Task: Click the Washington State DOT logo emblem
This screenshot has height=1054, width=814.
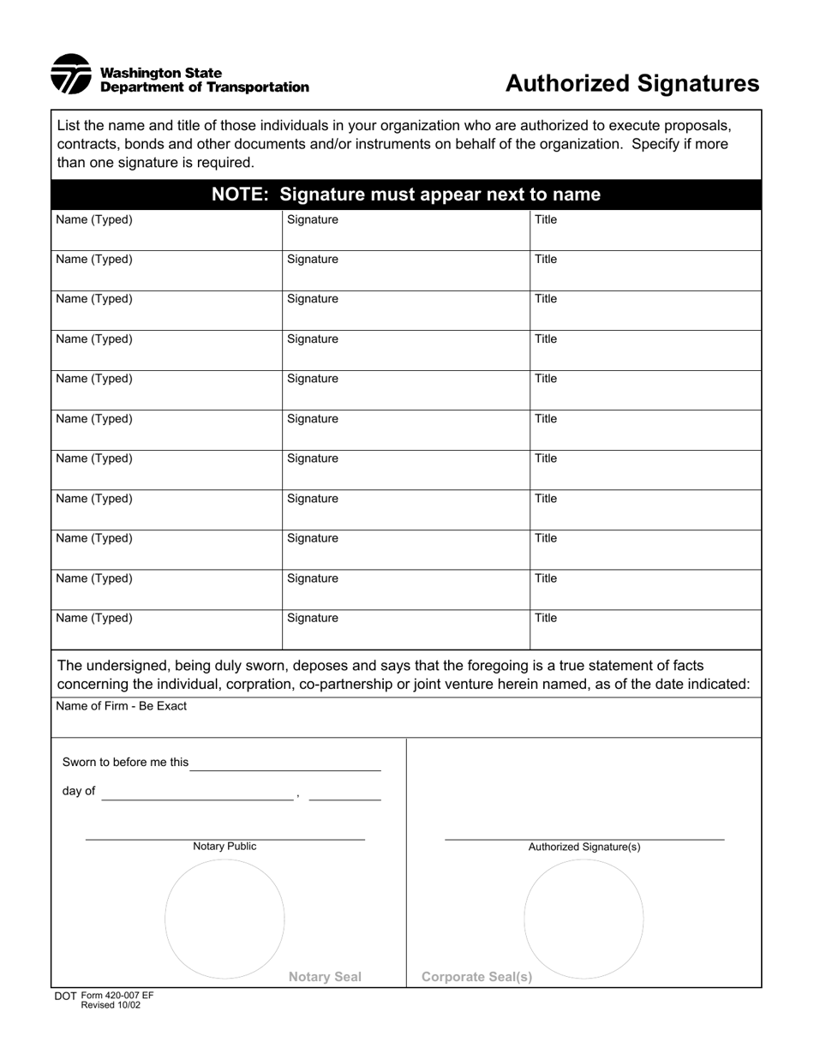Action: (70, 75)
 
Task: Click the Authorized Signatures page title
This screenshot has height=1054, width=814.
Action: (631, 83)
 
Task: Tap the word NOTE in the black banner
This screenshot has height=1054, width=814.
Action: (241, 195)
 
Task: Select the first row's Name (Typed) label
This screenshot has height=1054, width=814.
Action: (94, 219)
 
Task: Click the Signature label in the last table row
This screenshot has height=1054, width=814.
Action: (313, 618)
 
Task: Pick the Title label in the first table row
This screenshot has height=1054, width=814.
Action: (546, 219)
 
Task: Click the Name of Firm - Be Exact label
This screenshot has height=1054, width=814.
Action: (121, 706)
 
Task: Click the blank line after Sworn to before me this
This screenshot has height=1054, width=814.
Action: (284, 769)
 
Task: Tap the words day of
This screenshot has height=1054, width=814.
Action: (79, 791)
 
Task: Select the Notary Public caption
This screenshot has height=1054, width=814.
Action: (224, 847)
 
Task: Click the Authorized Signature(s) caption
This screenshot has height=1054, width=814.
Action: (584, 847)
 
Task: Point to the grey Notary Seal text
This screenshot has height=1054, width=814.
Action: (325, 977)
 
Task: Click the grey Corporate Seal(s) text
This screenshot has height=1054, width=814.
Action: (476, 977)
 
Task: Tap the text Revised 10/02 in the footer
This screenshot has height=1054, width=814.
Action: (111, 1005)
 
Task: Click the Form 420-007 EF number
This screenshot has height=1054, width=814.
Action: (117, 996)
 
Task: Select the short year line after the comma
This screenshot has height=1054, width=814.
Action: (344, 799)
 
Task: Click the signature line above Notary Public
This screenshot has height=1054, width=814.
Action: (224, 839)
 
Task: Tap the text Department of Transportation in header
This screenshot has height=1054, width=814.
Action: (205, 87)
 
